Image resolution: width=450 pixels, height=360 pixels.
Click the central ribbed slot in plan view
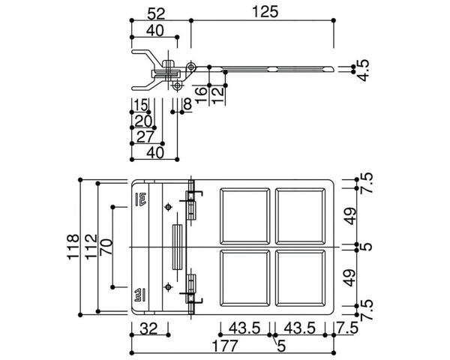(x=178, y=246)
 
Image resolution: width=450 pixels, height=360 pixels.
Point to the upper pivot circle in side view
(x=193, y=67)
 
